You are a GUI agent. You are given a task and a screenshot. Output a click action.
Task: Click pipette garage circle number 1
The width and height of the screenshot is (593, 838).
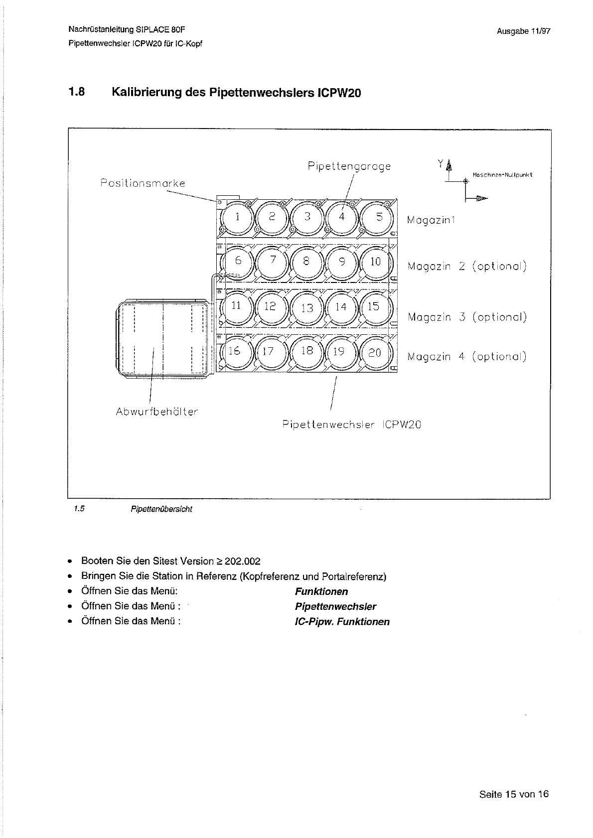click(x=237, y=217)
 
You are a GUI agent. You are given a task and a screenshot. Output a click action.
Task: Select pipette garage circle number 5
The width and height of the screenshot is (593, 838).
click(x=379, y=217)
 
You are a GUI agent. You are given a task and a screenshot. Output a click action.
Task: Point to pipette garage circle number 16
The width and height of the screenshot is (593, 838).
click(x=234, y=351)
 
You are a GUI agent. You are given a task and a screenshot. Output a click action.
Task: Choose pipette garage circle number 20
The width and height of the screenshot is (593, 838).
click(x=375, y=353)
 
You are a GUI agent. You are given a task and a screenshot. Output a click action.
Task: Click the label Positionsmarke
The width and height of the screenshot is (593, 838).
click(x=143, y=183)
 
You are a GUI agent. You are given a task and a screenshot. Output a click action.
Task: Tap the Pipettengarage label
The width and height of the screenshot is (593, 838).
click(x=349, y=166)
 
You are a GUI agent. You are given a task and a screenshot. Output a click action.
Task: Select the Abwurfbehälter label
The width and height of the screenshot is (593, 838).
click(x=156, y=412)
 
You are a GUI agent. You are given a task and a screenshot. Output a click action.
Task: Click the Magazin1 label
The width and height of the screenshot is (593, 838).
click(x=431, y=220)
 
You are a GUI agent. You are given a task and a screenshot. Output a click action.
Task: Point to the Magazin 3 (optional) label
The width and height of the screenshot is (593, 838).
click(x=467, y=317)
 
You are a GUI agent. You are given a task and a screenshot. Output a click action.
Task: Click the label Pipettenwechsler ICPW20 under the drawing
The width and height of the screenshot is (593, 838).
click(x=352, y=425)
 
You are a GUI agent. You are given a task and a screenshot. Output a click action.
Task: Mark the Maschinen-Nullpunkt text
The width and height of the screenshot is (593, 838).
click(x=502, y=175)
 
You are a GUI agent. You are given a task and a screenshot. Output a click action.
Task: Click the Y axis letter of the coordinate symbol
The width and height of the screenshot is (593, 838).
click(x=440, y=163)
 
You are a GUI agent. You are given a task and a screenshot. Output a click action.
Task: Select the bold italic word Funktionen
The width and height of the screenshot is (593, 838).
click(x=321, y=592)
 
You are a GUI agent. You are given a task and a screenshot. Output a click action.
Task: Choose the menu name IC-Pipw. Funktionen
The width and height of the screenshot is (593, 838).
click(x=342, y=622)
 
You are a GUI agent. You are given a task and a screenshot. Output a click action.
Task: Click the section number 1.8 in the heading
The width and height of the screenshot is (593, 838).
click(x=77, y=92)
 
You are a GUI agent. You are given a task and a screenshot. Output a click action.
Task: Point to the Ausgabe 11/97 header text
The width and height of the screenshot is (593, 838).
click(x=523, y=31)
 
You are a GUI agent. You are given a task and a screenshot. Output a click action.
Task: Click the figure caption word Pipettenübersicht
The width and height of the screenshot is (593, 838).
click(x=161, y=509)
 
